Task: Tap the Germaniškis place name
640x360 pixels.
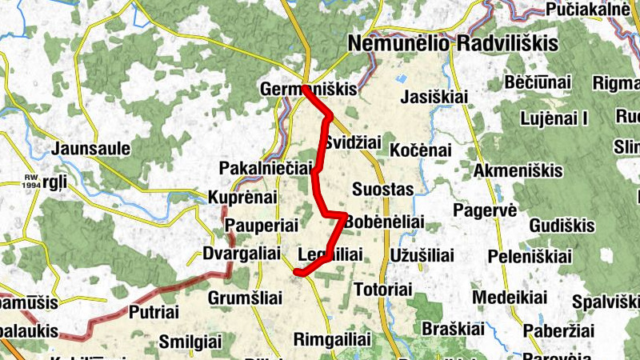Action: click(308, 90)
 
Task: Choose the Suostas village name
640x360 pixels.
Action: click(382, 190)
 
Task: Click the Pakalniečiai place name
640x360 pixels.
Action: click(264, 169)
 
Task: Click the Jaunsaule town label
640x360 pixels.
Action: click(85, 149)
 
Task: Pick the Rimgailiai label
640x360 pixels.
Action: click(334, 338)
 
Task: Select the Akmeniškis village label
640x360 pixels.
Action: click(518, 171)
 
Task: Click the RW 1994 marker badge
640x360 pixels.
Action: click(31, 182)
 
